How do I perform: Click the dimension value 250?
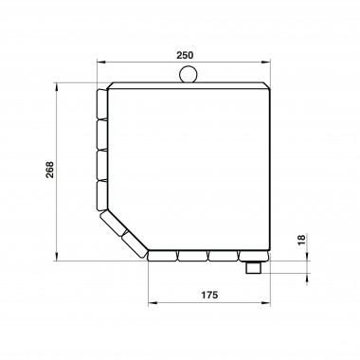click(185, 55)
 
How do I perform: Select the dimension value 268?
click(50, 170)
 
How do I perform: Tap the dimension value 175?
click(209, 295)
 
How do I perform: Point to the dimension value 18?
click(301, 240)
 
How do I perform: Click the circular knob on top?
click(189, 74)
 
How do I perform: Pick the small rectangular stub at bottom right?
click(253, 268)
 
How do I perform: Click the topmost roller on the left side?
click(102, 104)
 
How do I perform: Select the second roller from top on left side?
click(102, 135)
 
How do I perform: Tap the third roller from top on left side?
click(102, 165)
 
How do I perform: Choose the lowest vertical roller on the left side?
click(102, 195)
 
